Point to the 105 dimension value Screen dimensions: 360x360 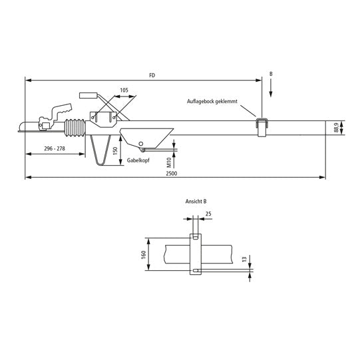pyautogui.click(x=124, y=89)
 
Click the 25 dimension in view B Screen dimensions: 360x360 pyautogui.click(x=208, y=214)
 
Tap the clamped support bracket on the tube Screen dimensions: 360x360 pyautogui.click(x=262, y=125)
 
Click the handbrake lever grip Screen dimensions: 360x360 pyautogui.click(x=89, y=95)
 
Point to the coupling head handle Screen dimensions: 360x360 pyautogui.click(x=62, y=108)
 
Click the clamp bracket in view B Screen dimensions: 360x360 pyautogui.click(x=196, y=253)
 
